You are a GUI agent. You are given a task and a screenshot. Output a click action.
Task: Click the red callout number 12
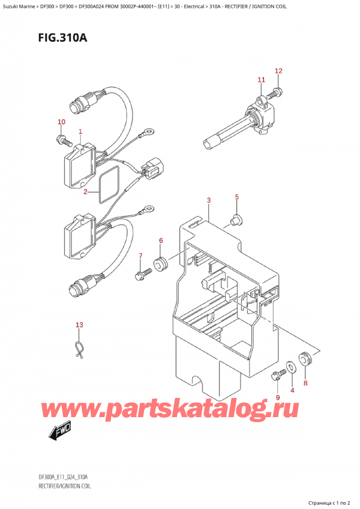pos(278,71)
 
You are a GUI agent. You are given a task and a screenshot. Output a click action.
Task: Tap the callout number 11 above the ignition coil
pos(262,79)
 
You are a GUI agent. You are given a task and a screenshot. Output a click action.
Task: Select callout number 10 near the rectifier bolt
pos(61,122)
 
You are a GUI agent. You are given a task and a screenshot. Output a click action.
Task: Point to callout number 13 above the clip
pos(79,325)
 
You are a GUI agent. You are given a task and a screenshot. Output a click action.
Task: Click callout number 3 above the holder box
pos(209,200)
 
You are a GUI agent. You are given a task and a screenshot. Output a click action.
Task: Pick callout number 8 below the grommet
pos(305,383)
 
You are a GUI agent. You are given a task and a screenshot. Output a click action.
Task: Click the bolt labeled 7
pos(143,273)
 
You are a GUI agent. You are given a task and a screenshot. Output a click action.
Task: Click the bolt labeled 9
pos(278,376)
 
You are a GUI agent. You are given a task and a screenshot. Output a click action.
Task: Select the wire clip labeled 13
pos(78,349)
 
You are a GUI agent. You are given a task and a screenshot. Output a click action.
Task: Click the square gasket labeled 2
pos(109,185)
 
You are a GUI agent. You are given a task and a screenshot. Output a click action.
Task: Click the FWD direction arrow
pos(59,431)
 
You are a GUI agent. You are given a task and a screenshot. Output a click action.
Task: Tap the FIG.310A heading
pos(62,38)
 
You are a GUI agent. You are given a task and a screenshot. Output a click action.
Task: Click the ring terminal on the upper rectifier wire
pos(148,131)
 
